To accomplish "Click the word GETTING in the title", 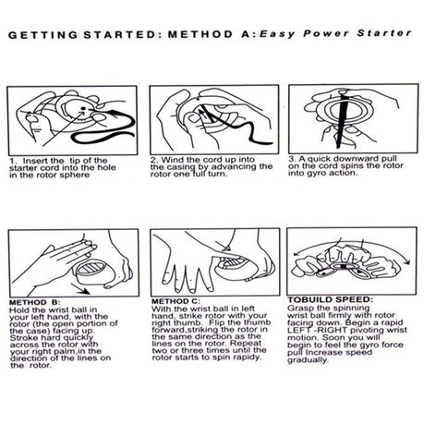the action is pyautogui.click(x=42, y=35).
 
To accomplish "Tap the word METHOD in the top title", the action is pyautogui.click(x=200, y=34).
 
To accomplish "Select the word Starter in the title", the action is pyautogui.click(x=384, y=33).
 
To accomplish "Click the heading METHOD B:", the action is pyautogui.click(x=35, y=302).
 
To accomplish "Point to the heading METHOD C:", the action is pyautogui.click(x=176, y=301).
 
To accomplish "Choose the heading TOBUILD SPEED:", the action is pyautogui.click(x=331, y=299).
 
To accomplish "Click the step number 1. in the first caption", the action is pyautogui.click(x=13, y=161).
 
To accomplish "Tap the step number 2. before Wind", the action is pyautogui.click(x=154, y=160).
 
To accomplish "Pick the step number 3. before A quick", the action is pyautogui.click(x=292, y=159).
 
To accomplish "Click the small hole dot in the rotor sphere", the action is pyautogui.click(x=83, y=108).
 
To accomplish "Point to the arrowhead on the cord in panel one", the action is pyautogui.click(x=114, y=114).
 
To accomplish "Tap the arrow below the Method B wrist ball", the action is pyautogui.click(x=79, y=289).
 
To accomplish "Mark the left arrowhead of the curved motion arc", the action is pyautogui.click(x=297, y=253).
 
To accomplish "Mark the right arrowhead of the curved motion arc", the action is pyautogui.click(x=408, y=261).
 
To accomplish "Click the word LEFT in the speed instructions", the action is pyautogui.click(x=297, y=330).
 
